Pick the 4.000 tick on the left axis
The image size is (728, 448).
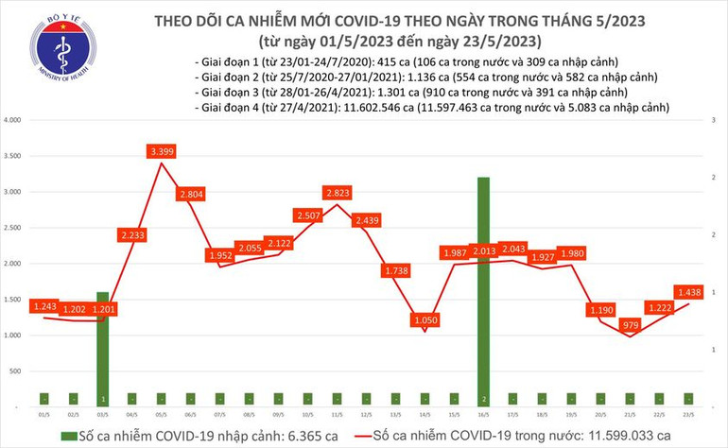click(x=13, y=121)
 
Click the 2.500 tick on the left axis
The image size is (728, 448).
click(x=13, y=228)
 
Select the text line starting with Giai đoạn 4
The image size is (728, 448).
click(x=430, y=108)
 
